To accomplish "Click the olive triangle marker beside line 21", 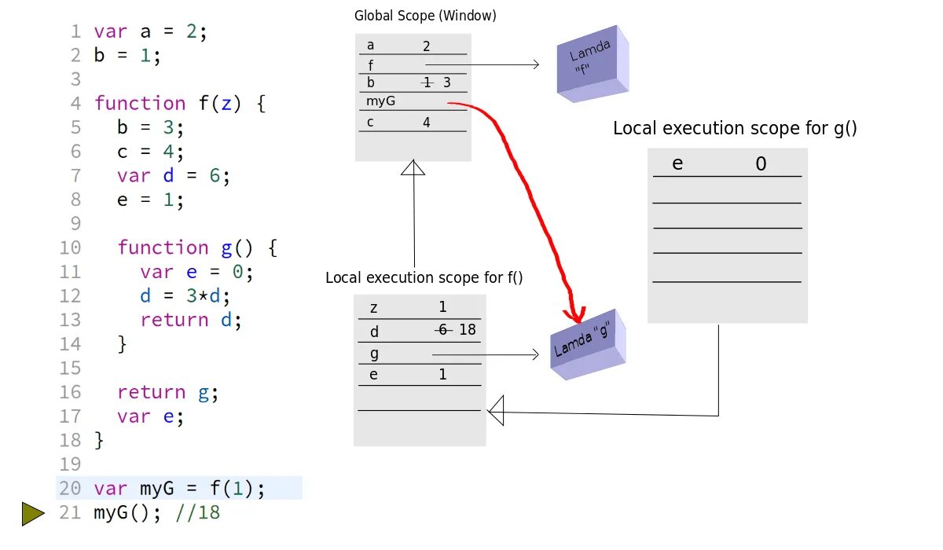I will [33, 514].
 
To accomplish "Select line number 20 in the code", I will [70, 489].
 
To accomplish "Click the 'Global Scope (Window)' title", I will [425, 16].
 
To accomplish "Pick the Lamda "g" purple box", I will [588, 344].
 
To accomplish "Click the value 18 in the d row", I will [468, 330].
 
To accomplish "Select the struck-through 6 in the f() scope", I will [442, 330].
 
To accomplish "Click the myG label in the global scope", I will [380, 101].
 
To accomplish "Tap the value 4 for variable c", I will [427, 123].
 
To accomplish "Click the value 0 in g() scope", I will [761, 164].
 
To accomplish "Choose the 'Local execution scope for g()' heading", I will [735, 129].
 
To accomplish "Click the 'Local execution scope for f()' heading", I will [424, 278].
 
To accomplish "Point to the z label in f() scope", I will [373, 307].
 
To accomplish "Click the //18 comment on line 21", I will [198, 513].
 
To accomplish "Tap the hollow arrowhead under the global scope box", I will [413, 167].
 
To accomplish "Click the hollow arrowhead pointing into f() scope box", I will [496, 410].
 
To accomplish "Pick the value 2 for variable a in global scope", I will [427, 46].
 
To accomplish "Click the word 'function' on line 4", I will [140, 103].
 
